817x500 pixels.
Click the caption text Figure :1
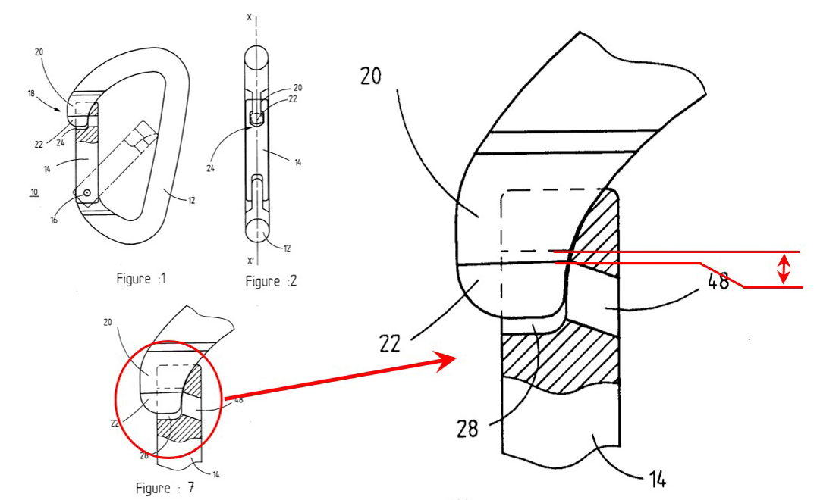pyautogui.click(x=141, y=278)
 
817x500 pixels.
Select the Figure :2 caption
pyautogui.click(x=271, y=281)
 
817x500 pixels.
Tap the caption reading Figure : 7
pyautogui.click(x=165, y=488)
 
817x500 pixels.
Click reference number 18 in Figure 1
pyautogui.click(x=31, y=94)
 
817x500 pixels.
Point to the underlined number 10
pyautogui.click(x=34, y=192)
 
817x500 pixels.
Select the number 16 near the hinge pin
pyautogui.click(x=54, y=220)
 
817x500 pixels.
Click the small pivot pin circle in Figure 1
pyautogui.click(x=87, y=193)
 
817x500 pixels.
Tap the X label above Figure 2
pyautogui.click(x=249, y=17)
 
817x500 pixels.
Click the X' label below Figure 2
pyautogui.click(x=250, y=261)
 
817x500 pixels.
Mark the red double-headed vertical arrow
pyautogui.click(x=784, y=269)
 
